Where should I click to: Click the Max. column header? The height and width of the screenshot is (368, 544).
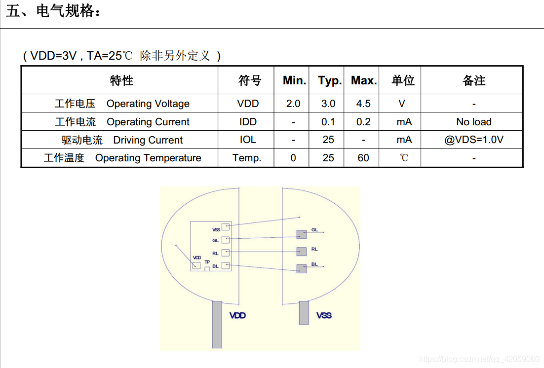point(364,80)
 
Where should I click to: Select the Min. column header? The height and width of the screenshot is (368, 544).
point(294,80)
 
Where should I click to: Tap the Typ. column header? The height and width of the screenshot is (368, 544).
point(330,80)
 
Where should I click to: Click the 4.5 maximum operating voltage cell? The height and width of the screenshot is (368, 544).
point(363,104)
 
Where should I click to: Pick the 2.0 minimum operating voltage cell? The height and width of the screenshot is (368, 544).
point(293,104)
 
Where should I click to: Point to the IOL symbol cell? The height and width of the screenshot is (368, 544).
point(248,140)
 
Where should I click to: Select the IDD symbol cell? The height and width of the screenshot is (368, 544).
point(248,122)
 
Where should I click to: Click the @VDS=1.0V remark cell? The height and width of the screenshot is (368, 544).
point(474,140)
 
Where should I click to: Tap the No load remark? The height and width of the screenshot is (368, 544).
point(474,122)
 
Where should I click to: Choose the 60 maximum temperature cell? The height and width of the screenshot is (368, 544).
point(363,158)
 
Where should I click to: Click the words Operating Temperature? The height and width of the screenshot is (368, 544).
point(148,158)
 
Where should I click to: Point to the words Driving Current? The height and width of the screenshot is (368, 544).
point(148,140)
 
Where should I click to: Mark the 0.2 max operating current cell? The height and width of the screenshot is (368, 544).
point(363,122)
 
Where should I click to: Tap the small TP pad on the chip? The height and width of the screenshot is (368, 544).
point(207,268)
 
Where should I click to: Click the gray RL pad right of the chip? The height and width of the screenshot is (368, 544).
point(301,252)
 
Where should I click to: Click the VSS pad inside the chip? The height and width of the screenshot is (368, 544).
point(226,226)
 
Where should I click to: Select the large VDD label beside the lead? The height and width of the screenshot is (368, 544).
point(237,315)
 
